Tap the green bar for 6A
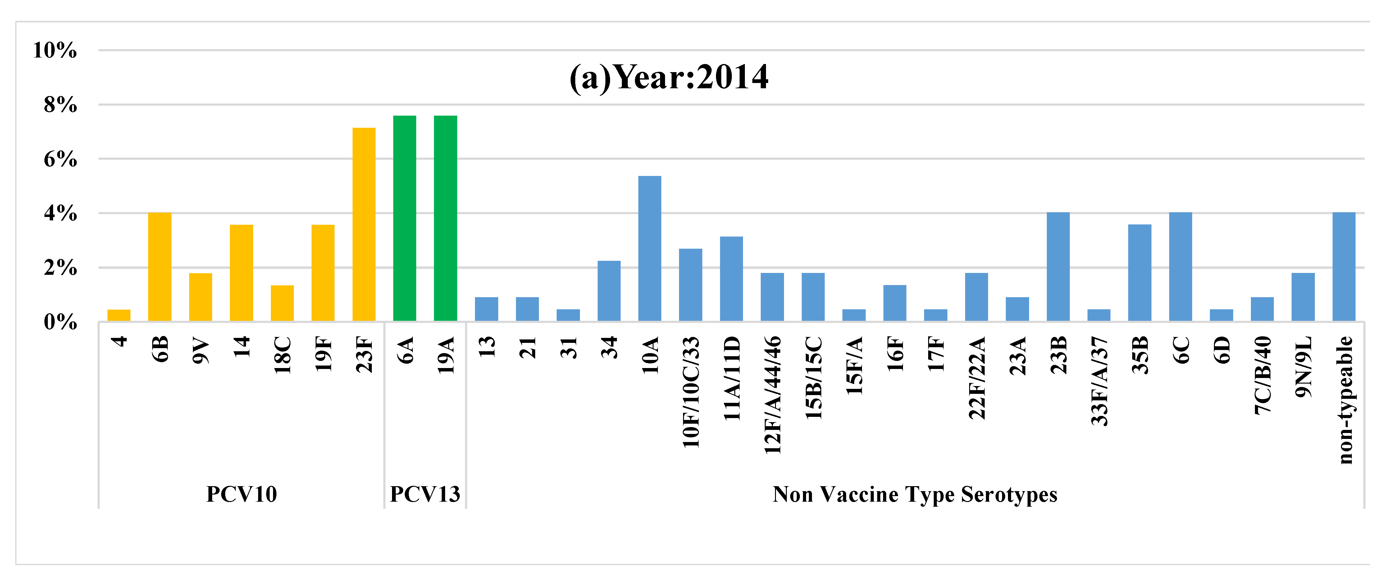(405, 219)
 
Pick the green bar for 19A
(445, 219)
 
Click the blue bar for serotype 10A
(650, 249)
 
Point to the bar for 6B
(160, 267)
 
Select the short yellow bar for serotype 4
(119, 316)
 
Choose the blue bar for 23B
(1058, 267)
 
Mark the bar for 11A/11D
(731, 279)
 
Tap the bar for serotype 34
(609, 291)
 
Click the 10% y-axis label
(55, 51)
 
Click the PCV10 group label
(242, 494)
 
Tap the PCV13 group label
(425, 494)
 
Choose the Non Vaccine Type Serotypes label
(915, 494)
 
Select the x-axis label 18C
(282, 355)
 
